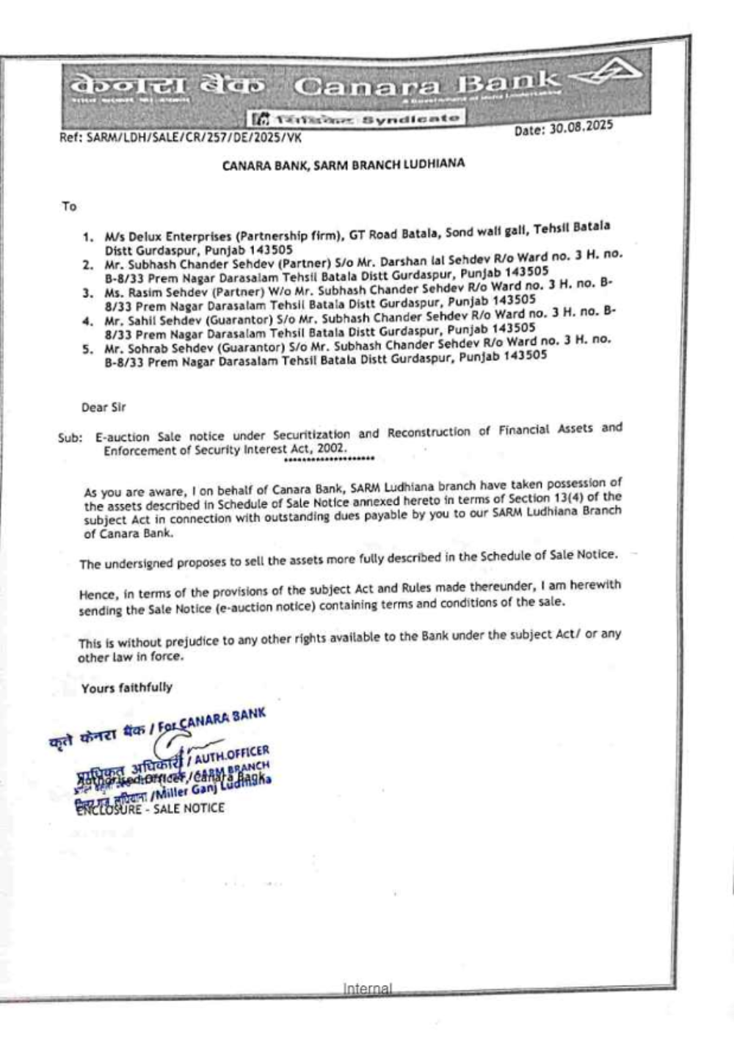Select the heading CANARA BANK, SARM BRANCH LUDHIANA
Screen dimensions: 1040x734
344,164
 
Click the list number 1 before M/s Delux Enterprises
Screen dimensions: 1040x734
88,237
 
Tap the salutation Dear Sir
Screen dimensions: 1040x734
103,407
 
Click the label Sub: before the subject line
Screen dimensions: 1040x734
70,438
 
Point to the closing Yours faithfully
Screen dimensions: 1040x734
127,688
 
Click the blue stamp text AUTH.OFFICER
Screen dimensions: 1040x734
233,754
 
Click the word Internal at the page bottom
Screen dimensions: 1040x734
367,989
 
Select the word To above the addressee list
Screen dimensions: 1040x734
69,207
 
